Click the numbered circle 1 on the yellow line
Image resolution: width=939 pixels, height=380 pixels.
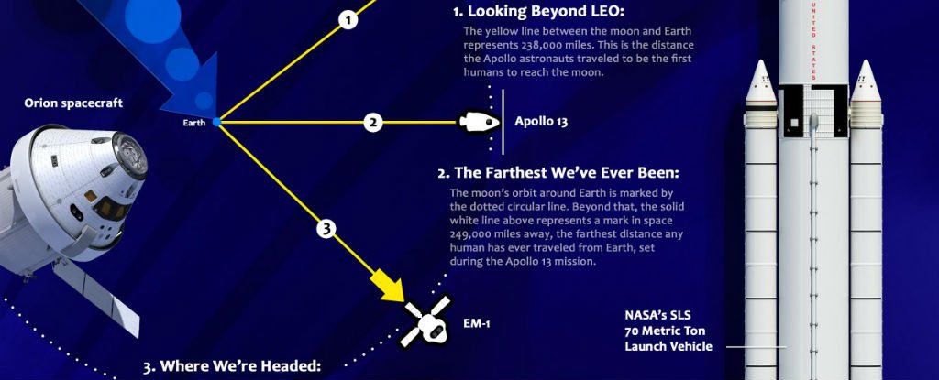click(x=347, y=19)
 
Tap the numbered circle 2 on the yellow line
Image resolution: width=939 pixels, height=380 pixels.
click(x=371, y=122)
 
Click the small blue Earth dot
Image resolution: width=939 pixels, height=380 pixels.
click(x=216, y=122)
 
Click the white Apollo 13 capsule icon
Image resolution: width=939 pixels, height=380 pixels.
click(x=477, y=121)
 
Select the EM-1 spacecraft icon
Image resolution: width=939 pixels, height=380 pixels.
click(x=425, y=320)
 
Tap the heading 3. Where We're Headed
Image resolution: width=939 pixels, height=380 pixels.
click(x=231, y=366)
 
